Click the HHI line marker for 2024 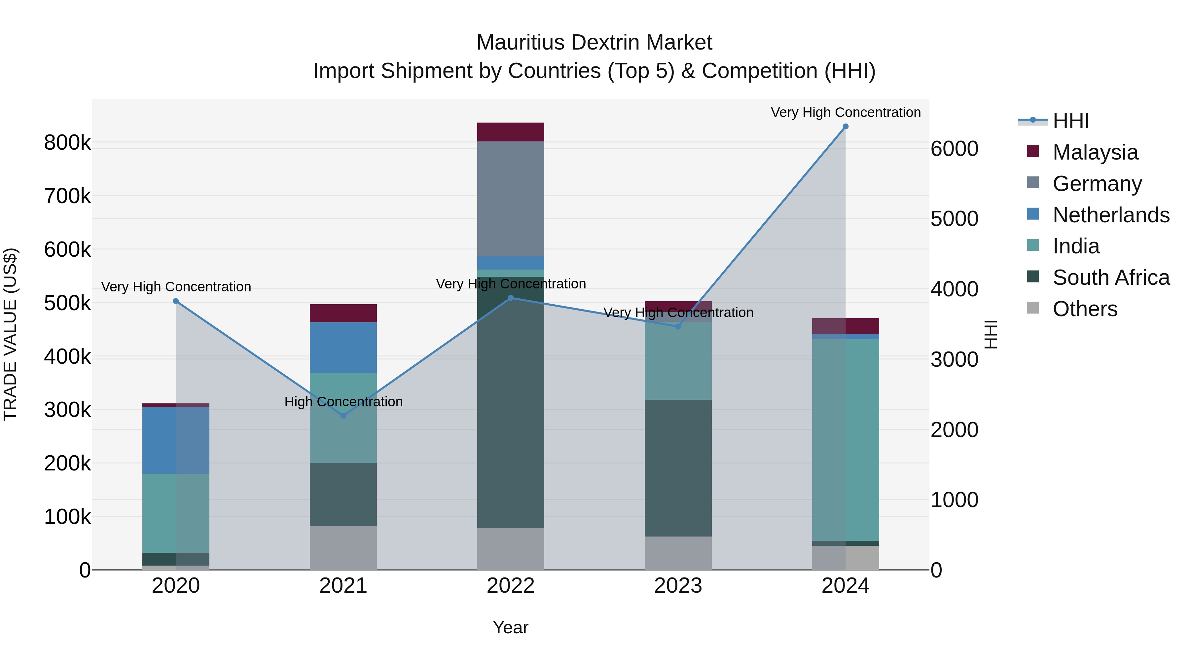pos(845,127)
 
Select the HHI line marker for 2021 pos(343,416)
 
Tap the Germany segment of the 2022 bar pos(511,199)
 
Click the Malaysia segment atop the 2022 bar pos(511,132)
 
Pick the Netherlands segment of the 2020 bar pos(175,440)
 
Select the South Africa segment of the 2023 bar pos(678,468)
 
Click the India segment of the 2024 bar pos(845,439)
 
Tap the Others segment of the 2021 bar pos(343,547)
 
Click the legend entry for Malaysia pos(1095,152)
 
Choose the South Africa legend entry pos(1110,278)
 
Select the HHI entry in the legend pos(1071,121)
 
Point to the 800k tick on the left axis pos(67,143)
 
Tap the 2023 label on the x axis pos(678,586)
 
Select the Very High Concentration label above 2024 pos(845,112)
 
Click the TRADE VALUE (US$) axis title pos(10,334)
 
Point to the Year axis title pos(511,627)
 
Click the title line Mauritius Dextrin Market pos(594,43)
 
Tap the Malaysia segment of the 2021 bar pos(343,313)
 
